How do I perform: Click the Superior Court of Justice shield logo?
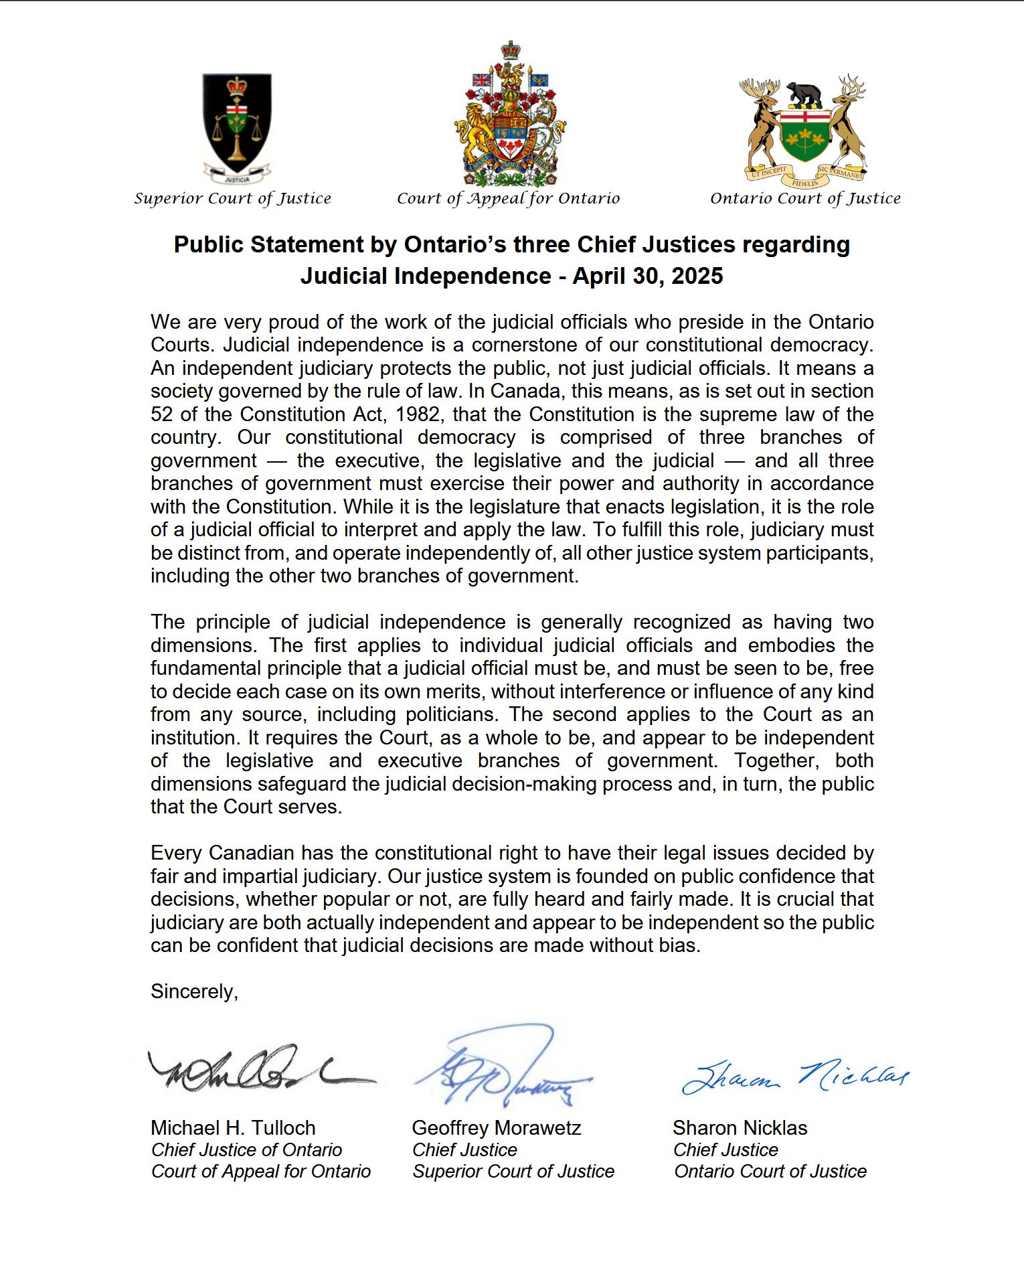pyautogui.click(x=237, y=127)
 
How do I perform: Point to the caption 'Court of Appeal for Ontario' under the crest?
pyautogui.click(x=508, y=198)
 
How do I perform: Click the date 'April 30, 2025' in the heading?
pyautogui.click(x=647, y=276)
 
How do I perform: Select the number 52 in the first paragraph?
pyautogui.click(x=161, y=414)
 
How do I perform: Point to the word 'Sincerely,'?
pyautogui.click(x=194, y=991)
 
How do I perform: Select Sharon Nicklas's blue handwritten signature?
pyautogui.click(x=794, y=1076)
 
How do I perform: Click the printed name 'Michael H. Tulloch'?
pyautogui.click(x=233, y=1128)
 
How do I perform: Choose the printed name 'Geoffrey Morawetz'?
pyautogui.click(x=496, y=1128)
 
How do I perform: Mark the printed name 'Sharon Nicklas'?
pyautogui.click(x=740, y=1128)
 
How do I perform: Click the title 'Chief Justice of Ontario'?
pyautogui.click(x=246, y=1150)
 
